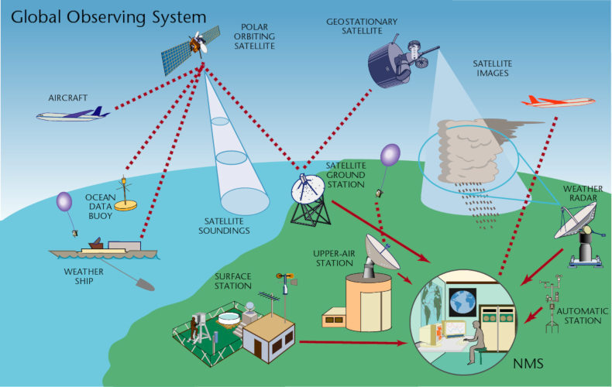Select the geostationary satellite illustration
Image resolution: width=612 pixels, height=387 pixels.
[x=394, y=59]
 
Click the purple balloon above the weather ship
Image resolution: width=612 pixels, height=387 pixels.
[x=64, y=204]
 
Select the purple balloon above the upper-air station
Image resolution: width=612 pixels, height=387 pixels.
[x=390, y=155]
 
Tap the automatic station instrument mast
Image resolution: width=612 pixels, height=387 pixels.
[x=554, y=306]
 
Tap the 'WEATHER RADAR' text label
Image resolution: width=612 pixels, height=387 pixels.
[x=582, y=193]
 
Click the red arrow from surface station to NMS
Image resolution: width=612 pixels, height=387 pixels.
[x=352, y=341]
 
